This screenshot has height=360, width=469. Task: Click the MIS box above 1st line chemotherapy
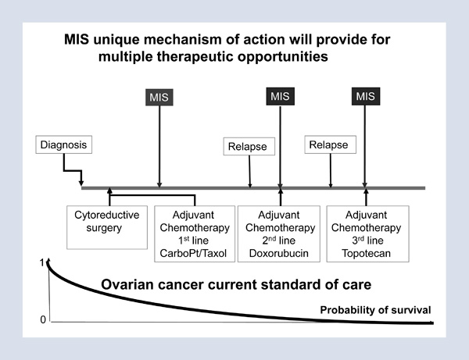159,98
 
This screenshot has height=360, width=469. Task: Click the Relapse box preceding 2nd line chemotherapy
248,145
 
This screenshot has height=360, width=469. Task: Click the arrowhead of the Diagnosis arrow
83,186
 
